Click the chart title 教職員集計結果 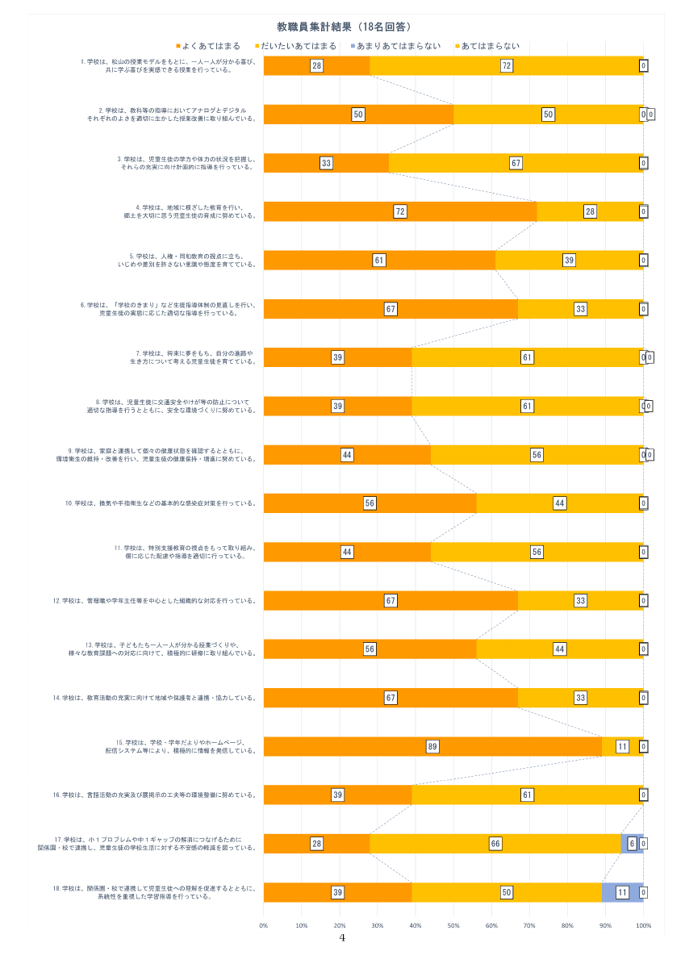click(x=343, y=27)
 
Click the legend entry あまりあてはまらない click(x=399, y=46)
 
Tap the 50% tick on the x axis click(x=453, y=925)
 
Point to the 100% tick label click(x=643, y=925)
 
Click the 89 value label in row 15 click(x=432, y=747)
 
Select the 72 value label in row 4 click(x=400, y=211)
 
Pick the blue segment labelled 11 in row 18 click(x=622, y=892)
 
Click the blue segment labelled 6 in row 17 click(x=633, y=843)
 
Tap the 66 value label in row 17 click(x=495, y=844)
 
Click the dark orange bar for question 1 click(x=316, y=66)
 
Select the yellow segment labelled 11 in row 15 click(x=622, y=747)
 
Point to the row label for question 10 click(x=161, y=503)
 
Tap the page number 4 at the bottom click(x=342, y=938)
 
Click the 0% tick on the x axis click(x=264, y=925)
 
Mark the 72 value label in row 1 click(x=507, y=66)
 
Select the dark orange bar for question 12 click(x=391, y=601)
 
